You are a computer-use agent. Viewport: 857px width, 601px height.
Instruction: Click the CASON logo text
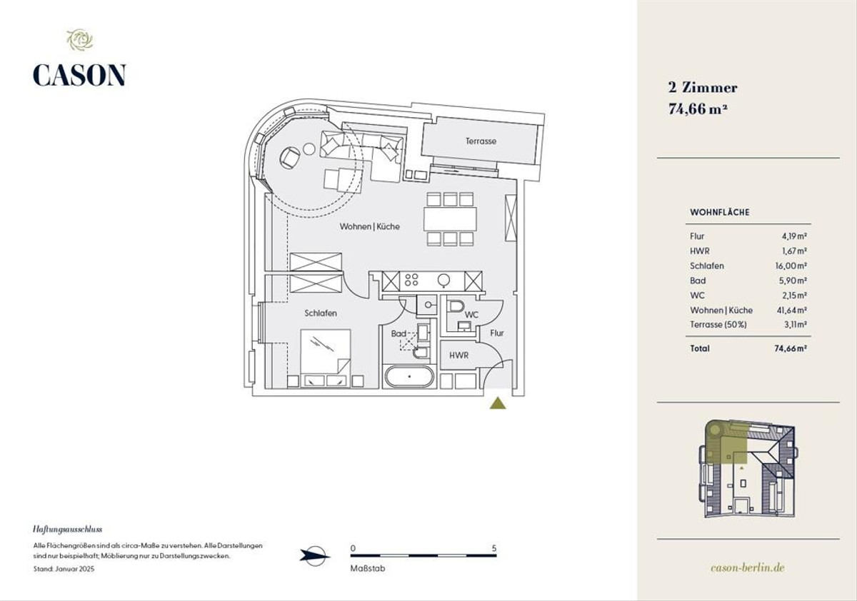click(x=79, y=75)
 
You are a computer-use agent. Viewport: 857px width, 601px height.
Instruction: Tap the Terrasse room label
click(x=481, y=141)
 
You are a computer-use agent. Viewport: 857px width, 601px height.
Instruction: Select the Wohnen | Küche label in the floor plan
click(x=369, y=226)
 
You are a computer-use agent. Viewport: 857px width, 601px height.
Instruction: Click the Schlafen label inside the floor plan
click(x=321, y=313)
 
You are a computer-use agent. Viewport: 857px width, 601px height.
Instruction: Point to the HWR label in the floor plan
click(x=458, y=355)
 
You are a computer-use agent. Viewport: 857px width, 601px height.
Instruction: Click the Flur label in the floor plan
click(x=496, y=333)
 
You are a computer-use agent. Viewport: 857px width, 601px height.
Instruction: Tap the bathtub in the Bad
click(x=409, y=375)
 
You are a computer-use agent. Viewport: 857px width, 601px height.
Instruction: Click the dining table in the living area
click(x=451, y=218)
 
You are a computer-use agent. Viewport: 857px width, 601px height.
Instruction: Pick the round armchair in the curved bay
click(x=291, y=158)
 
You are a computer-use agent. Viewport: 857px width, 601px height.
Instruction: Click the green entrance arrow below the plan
click(x=498, y=403)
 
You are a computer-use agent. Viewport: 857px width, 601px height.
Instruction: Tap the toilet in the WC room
click(x=456, y=308)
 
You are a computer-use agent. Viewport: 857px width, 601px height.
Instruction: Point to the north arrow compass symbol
click(x=314, y=555)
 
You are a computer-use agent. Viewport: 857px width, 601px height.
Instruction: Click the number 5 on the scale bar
click(x=494, y=548)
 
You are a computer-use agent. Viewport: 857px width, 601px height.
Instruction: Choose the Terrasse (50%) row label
click(x=718, y=325)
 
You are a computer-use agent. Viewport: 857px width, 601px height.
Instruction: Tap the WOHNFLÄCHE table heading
click(x=720, y=213)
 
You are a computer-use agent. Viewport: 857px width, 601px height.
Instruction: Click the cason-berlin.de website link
click(x=748, y=567)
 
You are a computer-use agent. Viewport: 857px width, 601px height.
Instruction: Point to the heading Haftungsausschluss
click(x=69, y=530)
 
